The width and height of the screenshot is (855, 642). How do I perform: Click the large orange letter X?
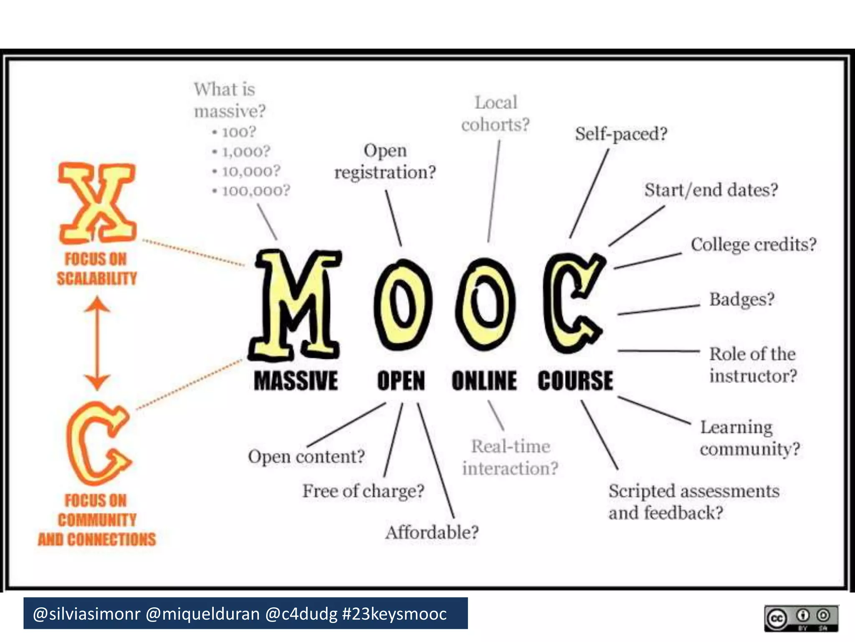(97, 203)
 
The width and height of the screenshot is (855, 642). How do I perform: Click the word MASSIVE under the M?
(296, 381)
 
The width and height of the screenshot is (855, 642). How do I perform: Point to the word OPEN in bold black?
(401, 381)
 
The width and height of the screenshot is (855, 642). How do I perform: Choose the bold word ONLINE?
(484, 381)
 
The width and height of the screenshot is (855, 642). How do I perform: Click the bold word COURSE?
(575, 381)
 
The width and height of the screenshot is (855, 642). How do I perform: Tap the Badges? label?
(741, 300)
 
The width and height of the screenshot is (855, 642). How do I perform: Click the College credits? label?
(753, 245)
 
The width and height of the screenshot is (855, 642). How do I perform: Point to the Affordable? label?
(432, 532)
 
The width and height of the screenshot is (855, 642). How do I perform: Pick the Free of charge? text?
(363, 491)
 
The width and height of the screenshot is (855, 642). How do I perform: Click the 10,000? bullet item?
(251, 171)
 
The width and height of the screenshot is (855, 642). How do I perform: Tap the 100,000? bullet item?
(255, 191)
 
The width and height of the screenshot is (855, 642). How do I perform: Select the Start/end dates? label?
(711, 190)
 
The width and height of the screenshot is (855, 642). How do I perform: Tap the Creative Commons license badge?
(801, 618)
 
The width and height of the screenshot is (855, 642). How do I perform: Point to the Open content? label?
(306, 456)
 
